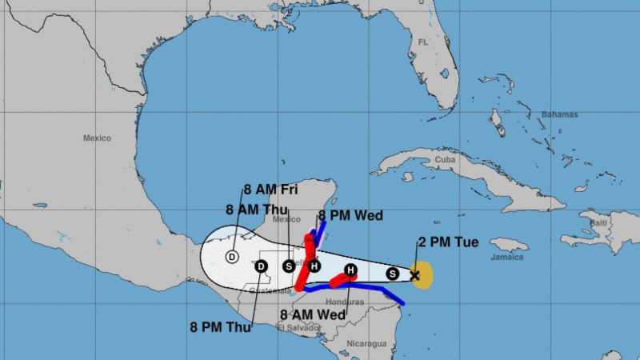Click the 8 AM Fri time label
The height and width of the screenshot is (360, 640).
271,190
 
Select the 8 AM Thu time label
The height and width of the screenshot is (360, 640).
257,209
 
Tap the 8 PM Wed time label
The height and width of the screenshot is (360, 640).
350,215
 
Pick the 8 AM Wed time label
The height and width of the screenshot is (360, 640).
313,314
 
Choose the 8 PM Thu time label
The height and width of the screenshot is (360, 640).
221,326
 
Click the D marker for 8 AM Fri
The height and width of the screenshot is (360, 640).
232,257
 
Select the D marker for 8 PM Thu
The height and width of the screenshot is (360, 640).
261,266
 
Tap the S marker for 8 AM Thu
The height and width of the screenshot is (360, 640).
288,266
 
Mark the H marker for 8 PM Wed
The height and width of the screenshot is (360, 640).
314,266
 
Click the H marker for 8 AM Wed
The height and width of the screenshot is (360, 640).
350,270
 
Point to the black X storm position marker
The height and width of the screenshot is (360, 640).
414,275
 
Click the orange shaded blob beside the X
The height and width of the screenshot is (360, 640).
424,274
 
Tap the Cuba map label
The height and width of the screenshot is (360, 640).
445,160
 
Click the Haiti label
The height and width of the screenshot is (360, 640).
598,222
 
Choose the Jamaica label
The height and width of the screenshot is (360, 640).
507,257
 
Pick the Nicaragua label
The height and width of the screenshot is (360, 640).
367,344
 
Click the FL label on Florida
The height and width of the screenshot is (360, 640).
422,42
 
